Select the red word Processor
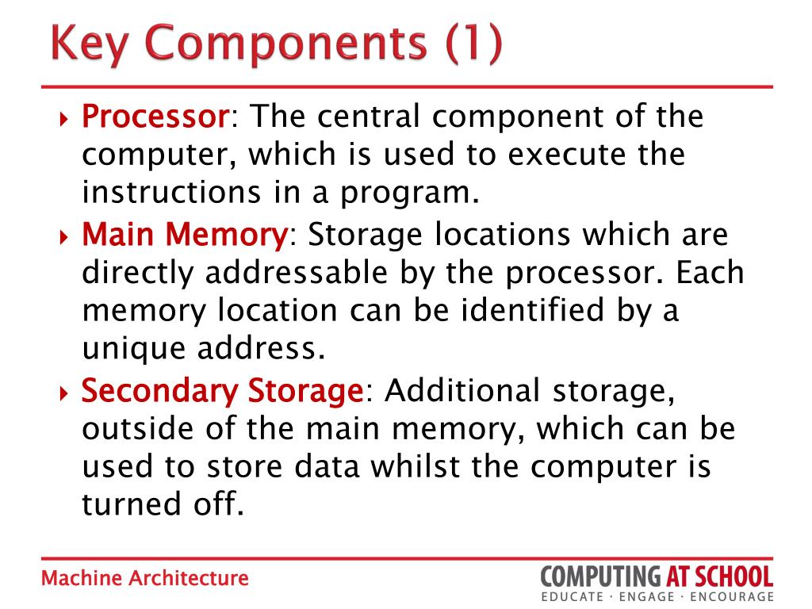pos(155,117)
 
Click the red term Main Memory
pos(185,235)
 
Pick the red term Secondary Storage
pos(223,391)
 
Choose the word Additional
pos(463,391)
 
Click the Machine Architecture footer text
pos(145,578)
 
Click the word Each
pos(711,273)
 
